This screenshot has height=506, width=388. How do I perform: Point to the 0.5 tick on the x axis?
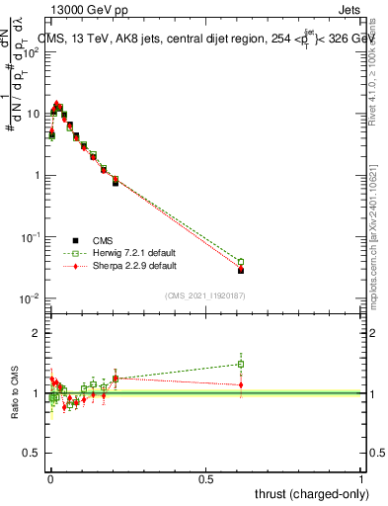[x=206, y=477]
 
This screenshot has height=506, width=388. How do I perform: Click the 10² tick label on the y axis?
[x=32, y=51]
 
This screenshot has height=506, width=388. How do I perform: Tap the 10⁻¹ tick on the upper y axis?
[x=32, y=237]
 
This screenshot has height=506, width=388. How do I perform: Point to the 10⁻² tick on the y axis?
[x=32, y=298]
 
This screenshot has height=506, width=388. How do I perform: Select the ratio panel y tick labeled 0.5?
[x=33, y=455]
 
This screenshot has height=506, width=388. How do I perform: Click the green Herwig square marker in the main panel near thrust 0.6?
[x=241, y=262]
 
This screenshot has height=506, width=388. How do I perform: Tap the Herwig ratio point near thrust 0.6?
[x=241, y=364]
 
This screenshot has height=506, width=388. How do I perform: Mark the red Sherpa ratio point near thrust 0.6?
[x=241, y=384]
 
